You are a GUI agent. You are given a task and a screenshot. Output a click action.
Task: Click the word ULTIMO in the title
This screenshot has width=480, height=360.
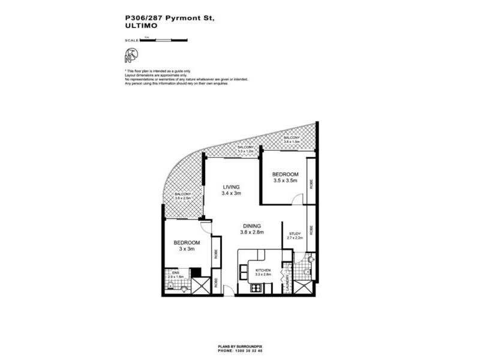(140, 28)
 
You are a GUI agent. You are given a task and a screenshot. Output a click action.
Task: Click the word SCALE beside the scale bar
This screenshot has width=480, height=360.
(131, 40)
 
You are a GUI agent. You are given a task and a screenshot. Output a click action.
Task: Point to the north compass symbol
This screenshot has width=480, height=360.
(133, 56)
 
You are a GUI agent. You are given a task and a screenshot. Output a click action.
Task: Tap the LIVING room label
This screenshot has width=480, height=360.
(231, 186)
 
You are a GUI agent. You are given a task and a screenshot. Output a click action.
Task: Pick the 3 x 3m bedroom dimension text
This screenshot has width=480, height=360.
(186, 249)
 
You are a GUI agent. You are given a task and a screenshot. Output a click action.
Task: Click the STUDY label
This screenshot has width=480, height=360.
(295, 233)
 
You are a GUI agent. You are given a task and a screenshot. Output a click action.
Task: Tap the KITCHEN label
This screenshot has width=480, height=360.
(264, 271)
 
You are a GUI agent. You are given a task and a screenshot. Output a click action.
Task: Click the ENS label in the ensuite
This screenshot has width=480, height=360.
(175, 272)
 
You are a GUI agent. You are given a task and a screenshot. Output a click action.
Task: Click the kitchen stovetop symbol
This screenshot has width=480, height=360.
(254, 289)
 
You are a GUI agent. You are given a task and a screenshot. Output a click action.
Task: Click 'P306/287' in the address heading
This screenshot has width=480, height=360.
(144, 19)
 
